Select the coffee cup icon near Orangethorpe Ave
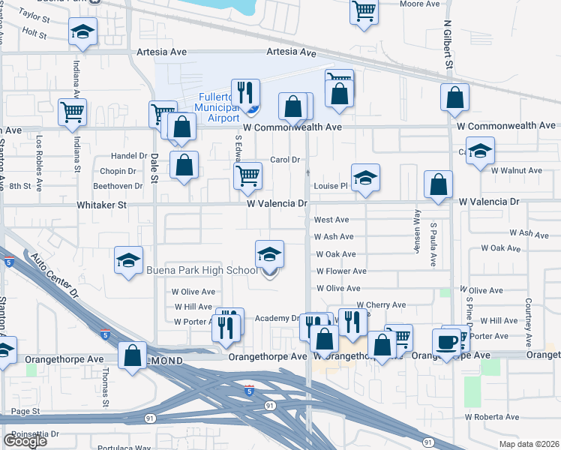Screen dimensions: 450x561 tap(448, 342)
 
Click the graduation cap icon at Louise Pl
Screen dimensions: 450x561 tap(365, 178)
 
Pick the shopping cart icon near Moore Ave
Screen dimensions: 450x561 tap(364, 11)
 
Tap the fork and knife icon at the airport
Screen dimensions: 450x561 tap(245, 93)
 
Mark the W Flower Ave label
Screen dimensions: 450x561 tap(340, 271)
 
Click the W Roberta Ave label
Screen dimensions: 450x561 tap(491, 417)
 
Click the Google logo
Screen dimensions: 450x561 tap(25, 441)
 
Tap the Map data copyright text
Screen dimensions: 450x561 tap(529, 444)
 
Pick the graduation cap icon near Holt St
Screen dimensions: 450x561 tap(82, 32)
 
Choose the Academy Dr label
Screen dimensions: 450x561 tap(277, 319)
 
